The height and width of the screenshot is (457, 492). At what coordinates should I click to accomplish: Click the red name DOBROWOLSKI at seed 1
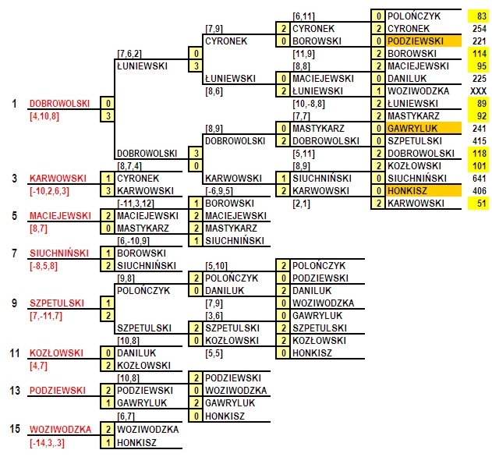59,104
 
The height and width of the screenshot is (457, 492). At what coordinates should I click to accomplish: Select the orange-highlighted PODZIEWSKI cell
423,41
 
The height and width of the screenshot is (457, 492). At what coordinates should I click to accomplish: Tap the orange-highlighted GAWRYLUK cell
423,129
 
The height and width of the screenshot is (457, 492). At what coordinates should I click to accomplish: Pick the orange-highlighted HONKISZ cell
423,191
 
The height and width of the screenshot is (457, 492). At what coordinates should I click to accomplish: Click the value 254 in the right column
480,29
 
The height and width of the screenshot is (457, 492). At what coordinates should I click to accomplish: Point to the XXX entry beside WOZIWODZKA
479,91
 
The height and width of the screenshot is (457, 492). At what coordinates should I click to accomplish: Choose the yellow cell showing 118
478,153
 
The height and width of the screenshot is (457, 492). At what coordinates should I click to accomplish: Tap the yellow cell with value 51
478,203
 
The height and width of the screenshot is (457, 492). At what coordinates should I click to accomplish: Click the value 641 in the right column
480,179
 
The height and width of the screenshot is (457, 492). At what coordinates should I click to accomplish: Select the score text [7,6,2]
129,54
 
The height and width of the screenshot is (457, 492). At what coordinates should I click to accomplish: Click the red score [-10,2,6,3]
49,191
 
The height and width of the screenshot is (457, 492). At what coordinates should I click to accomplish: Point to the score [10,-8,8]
309,104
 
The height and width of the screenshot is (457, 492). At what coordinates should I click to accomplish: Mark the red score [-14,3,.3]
47,443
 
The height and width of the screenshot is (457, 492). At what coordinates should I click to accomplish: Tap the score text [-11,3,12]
136,204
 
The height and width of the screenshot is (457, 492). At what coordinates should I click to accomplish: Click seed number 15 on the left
15,429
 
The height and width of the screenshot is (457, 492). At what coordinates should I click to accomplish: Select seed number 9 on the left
14,303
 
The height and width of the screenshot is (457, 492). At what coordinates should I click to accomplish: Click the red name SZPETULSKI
57,303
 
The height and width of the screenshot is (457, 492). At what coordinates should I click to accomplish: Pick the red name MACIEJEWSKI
60,216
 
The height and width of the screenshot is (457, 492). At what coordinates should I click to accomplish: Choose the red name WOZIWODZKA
60,430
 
